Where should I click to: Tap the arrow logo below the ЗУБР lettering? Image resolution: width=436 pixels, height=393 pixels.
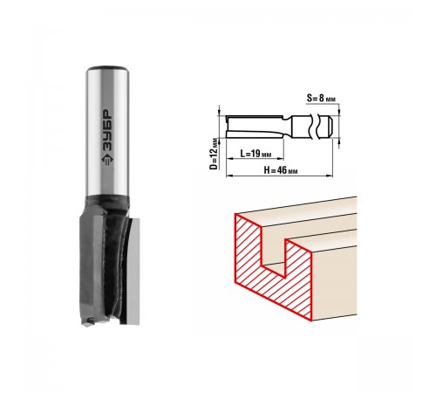[107, 159]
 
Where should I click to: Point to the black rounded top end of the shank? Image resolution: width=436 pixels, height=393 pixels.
[107, 69]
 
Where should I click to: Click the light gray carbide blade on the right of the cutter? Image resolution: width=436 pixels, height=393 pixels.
[133, 271]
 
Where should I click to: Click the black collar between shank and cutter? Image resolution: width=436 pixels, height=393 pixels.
[107, 201]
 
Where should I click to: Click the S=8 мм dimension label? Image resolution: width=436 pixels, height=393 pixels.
[321, 98]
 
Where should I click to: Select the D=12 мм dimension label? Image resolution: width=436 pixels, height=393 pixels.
[214, 154]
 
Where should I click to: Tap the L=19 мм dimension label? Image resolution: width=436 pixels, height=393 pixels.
[255, 153]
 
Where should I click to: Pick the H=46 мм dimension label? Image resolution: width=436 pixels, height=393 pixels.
[281, 170]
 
